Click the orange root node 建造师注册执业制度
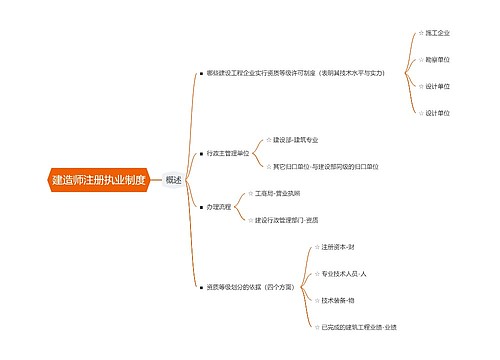(x=84, y=180)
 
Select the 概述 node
(x=174, y=180)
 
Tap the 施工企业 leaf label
(x=437, y=33)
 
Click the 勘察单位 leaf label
(x=437, y=60)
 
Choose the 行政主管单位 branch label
(x=228, y=153)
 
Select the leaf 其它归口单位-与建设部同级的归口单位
(x=325, y=166)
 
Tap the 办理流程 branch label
(x=218, y=206)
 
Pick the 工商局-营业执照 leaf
(x=277, y=192)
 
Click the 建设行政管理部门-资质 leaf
(x=286, y=219)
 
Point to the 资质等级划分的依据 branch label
(x=249, y=287)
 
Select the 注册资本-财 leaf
(x=338, y=246)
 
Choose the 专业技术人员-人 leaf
(x=344, y=273)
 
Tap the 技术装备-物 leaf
(x=338, y=300)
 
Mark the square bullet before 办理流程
(x=201, y=206)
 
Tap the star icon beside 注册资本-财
(x=315, y=246)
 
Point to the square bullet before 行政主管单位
(x=201, y=153)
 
